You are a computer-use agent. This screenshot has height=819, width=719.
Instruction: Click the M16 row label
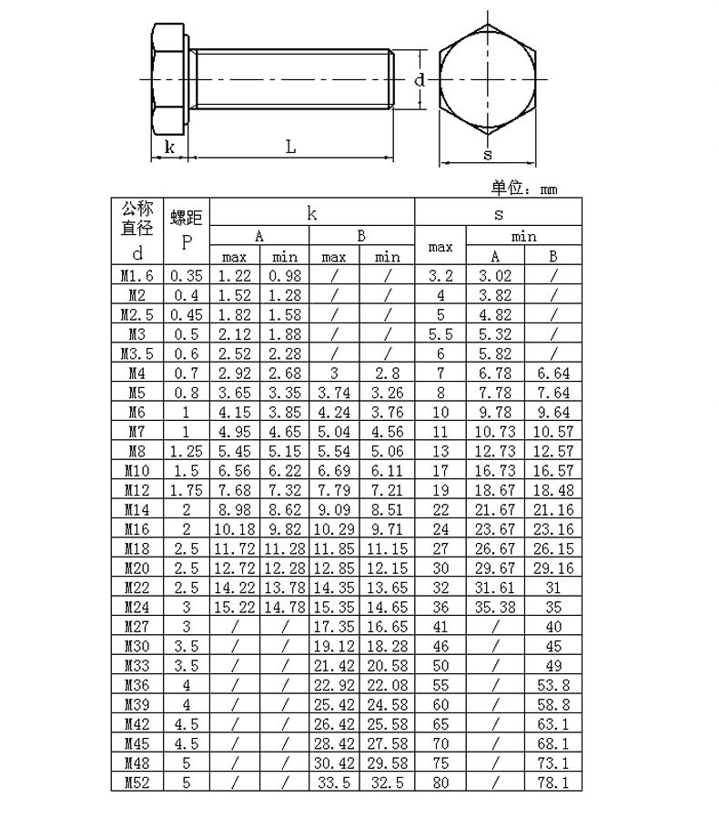[137, 528]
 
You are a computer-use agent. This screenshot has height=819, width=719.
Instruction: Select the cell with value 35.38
[495, 607]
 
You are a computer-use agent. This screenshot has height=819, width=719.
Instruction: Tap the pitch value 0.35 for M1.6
[187, 275]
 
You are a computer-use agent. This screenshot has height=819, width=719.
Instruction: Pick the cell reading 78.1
[553, 783]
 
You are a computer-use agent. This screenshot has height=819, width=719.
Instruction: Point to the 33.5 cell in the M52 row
[334, 783]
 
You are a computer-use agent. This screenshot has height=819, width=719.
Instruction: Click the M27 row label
[137, 627]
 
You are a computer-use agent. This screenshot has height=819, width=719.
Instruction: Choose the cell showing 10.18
[235, 528]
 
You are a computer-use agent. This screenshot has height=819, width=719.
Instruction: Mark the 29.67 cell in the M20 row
[495, 568]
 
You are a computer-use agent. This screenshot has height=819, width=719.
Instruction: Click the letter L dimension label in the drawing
[291, 146]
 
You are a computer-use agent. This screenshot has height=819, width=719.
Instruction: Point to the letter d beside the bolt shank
[420, 80]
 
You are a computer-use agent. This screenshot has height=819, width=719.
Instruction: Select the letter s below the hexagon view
[487, 154]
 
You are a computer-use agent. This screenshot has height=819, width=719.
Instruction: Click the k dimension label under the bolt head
[169, 146]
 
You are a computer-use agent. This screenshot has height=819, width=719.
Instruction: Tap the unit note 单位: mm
[524, 188]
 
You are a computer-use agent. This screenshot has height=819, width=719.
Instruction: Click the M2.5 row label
[137, 314]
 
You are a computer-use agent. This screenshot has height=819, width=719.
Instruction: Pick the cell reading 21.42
[334, 665]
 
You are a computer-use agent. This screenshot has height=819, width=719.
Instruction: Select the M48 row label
[137, 763]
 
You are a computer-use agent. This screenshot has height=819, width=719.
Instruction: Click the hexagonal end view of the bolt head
[487, 80]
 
